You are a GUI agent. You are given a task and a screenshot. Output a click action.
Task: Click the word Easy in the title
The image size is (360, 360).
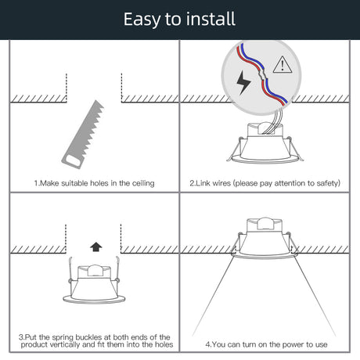(x=142, y=20)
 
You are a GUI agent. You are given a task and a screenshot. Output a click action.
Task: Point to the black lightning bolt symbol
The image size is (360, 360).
(x=243, y=82)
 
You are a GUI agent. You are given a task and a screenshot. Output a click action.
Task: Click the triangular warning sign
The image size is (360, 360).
(x=283, y=65)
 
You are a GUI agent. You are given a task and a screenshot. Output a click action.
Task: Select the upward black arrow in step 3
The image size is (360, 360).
(x=96, y=247)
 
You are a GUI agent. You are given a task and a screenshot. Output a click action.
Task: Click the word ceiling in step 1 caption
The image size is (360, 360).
(x=143, y=183)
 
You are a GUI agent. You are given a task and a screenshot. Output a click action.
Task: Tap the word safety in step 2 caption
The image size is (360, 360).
(x=329, y=183)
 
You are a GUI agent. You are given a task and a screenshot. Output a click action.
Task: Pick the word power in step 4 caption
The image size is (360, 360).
(x=294, y=344)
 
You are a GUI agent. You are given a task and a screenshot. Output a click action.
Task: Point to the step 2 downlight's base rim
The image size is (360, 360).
(x=265, y=159)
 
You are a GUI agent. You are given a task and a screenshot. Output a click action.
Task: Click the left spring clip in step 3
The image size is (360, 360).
(x=70, y=270)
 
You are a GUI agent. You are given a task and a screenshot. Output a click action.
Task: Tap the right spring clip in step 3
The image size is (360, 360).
(x=117, y=269)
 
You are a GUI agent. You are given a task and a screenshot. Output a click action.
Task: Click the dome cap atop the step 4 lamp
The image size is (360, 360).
(x=265, y=223)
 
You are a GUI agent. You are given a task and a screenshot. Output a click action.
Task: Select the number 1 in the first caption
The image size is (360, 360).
(x=36, y=183)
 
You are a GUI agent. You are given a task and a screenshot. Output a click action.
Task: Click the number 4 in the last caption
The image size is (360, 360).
(x=207, y=344)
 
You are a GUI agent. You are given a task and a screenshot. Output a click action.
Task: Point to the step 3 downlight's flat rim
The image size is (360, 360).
(x=94, y=300)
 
